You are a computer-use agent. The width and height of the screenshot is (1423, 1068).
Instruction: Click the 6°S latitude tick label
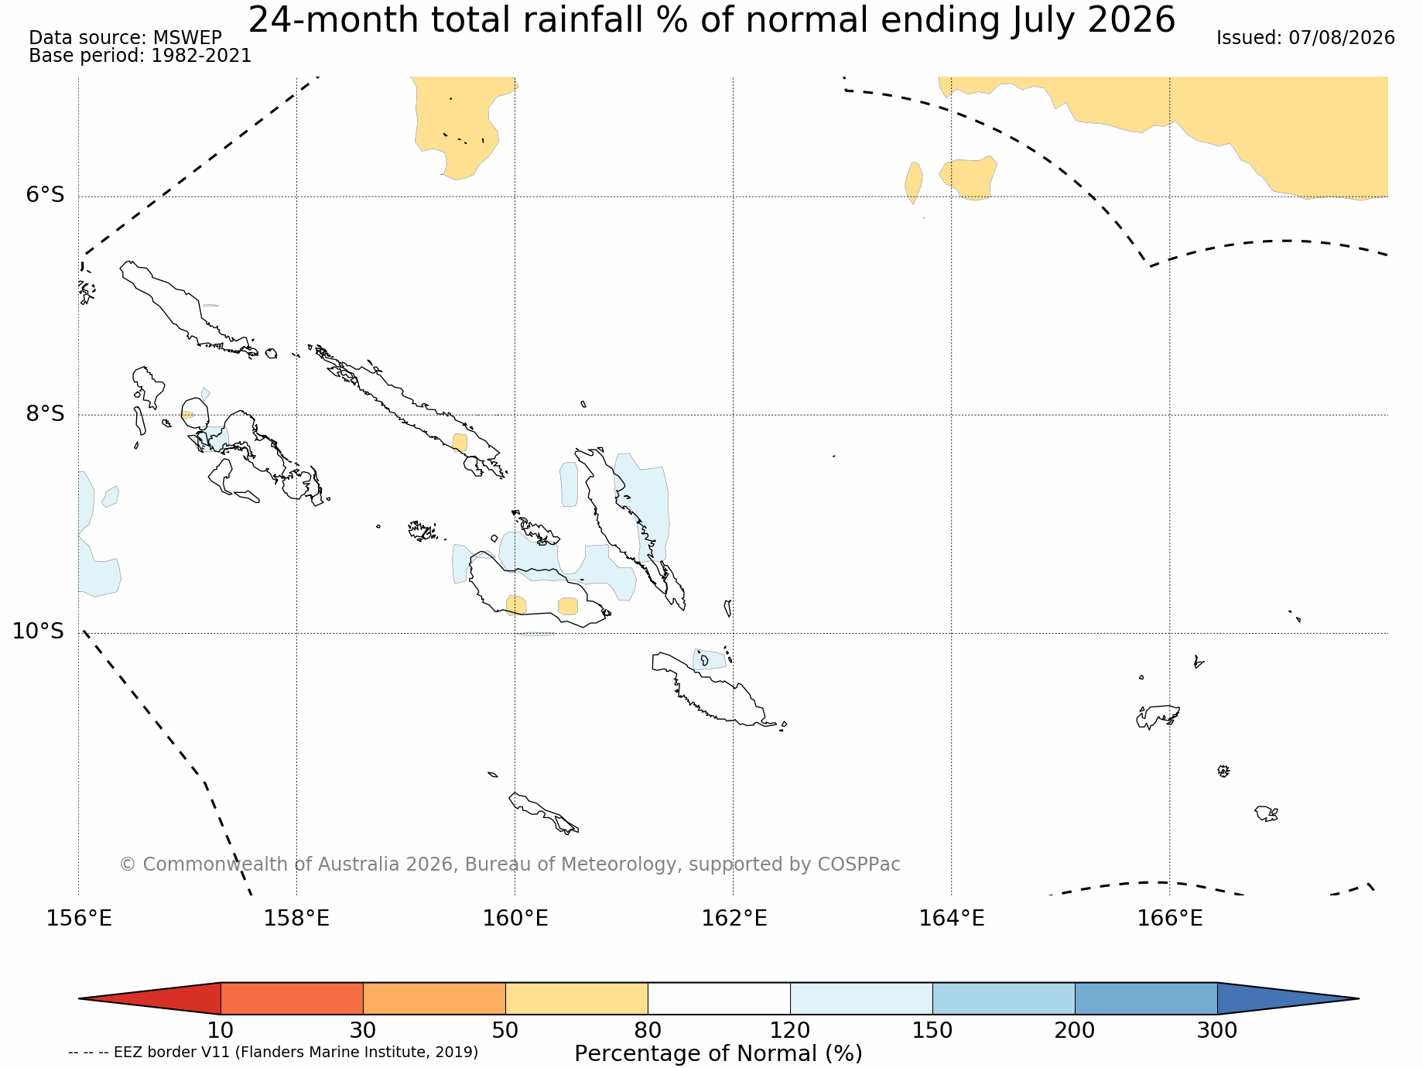click(x=45, y=195)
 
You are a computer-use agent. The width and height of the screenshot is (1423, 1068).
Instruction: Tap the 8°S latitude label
click(x=45, y=413)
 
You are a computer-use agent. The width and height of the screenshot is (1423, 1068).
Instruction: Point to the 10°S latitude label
click(x=38, y=632)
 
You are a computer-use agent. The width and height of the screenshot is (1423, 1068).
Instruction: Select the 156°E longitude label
click(x=79, y=918)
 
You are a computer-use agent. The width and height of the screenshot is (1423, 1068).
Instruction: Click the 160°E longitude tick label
click(x=515, y=918)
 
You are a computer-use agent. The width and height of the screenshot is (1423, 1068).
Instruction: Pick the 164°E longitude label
click(x=952, y=918)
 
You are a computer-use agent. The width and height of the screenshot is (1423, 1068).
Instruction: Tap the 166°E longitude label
click(x=1169, y=918)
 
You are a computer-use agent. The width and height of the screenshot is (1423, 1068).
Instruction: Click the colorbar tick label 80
click(x=648, y=1030)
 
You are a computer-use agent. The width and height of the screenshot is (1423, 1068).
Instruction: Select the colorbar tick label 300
click(x=1217, y=1030)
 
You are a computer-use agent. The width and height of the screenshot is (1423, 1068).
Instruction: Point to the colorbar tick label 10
click(x=221, y=1030)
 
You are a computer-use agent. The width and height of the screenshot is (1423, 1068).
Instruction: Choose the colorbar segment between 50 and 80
click(x=576, y=998)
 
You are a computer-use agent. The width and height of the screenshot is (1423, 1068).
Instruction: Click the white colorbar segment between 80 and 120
click(x=719, y=998)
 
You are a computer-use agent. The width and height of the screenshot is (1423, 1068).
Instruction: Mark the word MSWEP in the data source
click(x=187, y=38)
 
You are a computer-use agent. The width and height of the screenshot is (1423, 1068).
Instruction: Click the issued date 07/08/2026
click(x=1341, y=38)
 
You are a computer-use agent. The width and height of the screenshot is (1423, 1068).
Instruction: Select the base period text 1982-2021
click(x=201, y=56)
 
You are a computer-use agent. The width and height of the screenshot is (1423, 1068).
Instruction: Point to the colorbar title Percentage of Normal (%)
click(x=718, y=1053)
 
